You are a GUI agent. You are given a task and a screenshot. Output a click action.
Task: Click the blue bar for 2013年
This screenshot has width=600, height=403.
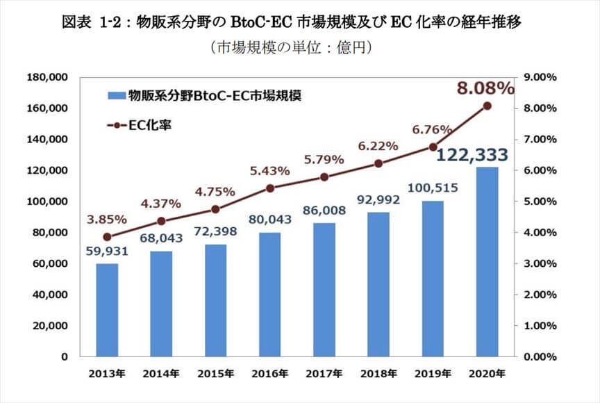coord(107,310)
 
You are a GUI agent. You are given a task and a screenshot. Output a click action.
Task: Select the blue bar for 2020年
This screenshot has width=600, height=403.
coord(487,262)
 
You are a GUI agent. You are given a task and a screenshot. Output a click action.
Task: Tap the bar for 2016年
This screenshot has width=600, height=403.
coord(269,295)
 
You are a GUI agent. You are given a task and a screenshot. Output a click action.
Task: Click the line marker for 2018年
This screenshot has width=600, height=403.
coord(378,163)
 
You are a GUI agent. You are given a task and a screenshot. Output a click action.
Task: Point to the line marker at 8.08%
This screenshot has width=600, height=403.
coord(487,106)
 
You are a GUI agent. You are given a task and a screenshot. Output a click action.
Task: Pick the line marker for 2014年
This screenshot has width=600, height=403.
coord(162,221)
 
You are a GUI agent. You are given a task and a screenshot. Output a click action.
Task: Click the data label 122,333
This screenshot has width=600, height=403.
coord(472,156)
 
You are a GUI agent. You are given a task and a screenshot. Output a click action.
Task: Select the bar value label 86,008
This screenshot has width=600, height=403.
coord(324,210)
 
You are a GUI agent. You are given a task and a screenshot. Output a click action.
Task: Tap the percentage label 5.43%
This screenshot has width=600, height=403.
coord(269,171)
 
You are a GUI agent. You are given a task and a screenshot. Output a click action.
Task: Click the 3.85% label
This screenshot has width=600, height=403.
coord(107,220)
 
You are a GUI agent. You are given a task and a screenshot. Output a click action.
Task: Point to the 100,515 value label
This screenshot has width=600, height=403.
coord(433,188)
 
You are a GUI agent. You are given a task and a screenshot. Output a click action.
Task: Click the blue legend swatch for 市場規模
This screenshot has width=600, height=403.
coord(117,95)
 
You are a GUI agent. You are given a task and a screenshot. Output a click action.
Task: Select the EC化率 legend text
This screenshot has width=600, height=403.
coord(149,125)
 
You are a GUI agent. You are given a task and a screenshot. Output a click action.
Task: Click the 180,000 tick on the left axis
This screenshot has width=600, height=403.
coord(47,77)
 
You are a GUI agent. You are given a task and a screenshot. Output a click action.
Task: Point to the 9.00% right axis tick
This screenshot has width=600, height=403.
coord(540,77)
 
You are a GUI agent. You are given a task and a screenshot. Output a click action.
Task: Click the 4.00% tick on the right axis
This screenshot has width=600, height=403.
coord(540,232)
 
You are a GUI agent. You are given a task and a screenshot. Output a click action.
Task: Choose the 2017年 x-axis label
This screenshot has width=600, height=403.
coord(324,374)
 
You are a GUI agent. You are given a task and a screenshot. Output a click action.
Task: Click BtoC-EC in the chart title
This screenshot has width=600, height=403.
coord(261,22)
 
